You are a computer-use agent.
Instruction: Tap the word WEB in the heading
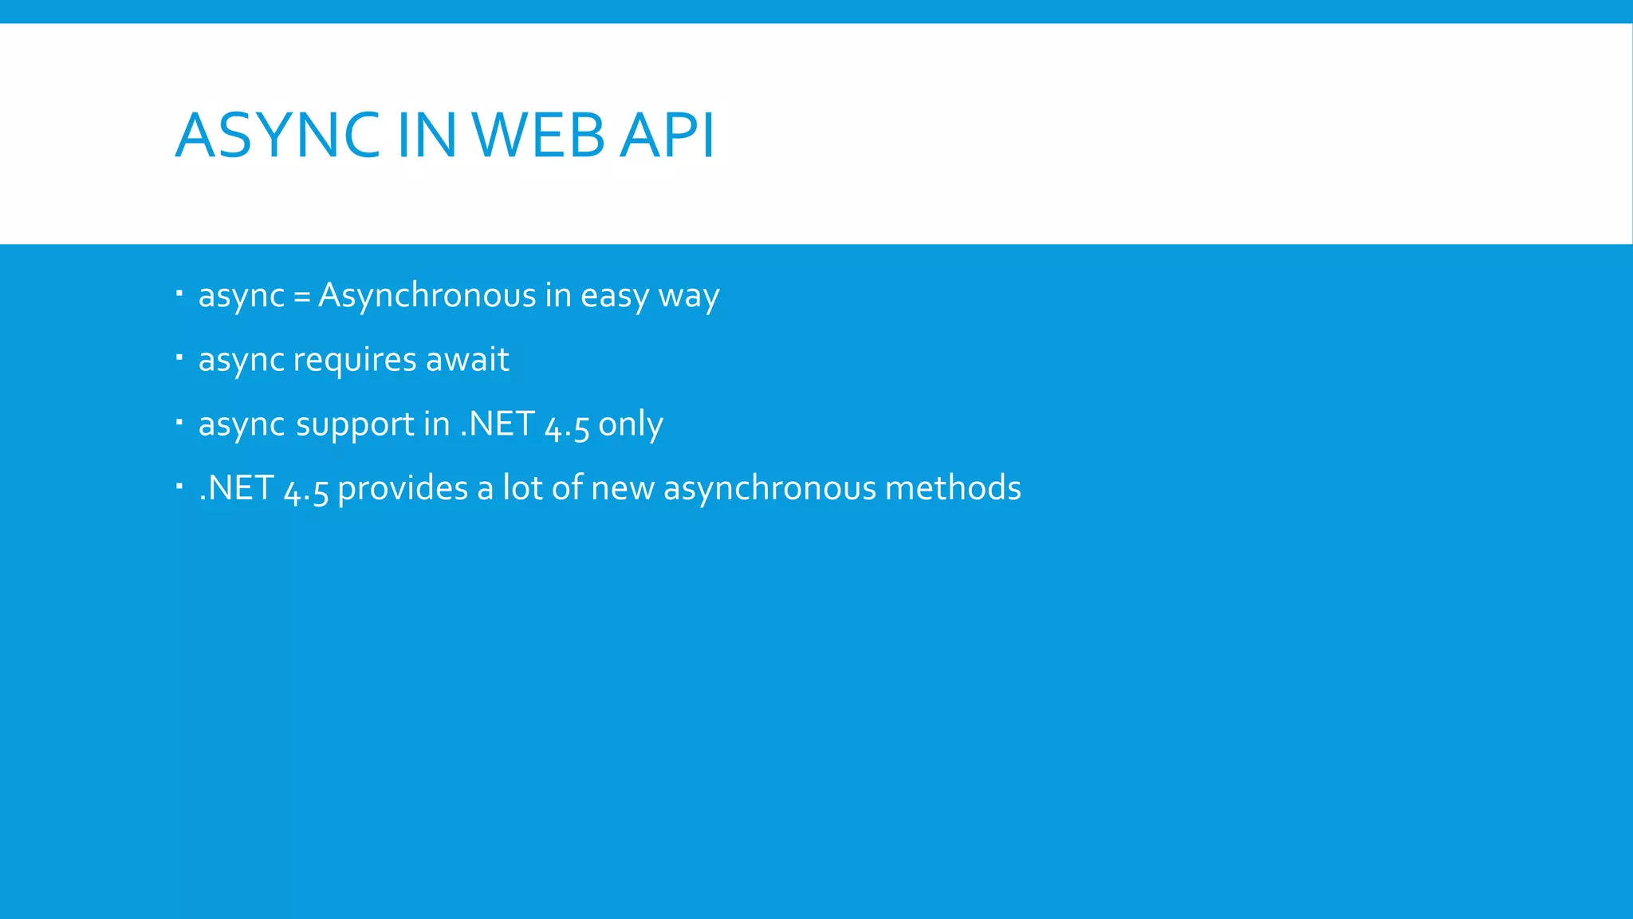pyautogui.click(x=539, y=135)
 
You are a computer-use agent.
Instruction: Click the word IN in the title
pyautogui.click(x=426, y=135)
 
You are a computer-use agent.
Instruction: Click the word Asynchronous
pyautogui.click(x=427, y=295)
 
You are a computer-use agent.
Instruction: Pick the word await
pyautogui.click(x=467, y=359)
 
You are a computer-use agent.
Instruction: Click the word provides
pyautogui.click(x=403, y=488)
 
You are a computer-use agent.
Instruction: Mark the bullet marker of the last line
pyautogui.click(x=179, y=485)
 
